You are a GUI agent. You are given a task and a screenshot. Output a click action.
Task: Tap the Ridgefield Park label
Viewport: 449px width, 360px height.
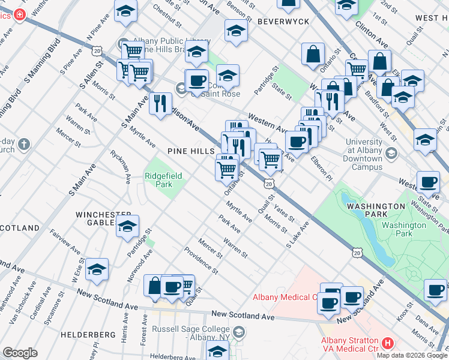158,180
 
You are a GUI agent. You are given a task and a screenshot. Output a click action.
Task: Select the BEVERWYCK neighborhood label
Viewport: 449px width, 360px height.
283,22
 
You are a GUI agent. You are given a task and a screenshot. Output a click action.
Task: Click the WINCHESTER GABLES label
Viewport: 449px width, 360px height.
103,218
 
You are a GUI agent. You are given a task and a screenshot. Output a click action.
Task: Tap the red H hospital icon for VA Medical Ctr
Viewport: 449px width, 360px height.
388,344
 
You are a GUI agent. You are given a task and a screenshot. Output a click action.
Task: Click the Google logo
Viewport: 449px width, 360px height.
20,353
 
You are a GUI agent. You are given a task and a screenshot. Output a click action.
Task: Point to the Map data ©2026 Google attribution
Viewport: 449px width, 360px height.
411,355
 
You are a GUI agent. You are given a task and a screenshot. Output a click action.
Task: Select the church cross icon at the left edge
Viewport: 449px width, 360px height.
24,144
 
